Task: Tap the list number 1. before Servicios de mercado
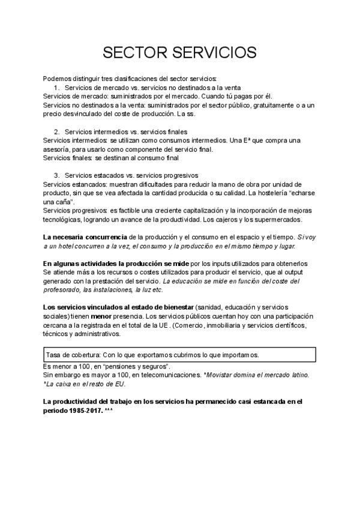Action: point(57,87)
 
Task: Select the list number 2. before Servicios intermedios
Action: point(57,131)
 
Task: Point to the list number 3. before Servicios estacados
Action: point(57,175)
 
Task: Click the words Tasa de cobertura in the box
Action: point(68,355)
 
